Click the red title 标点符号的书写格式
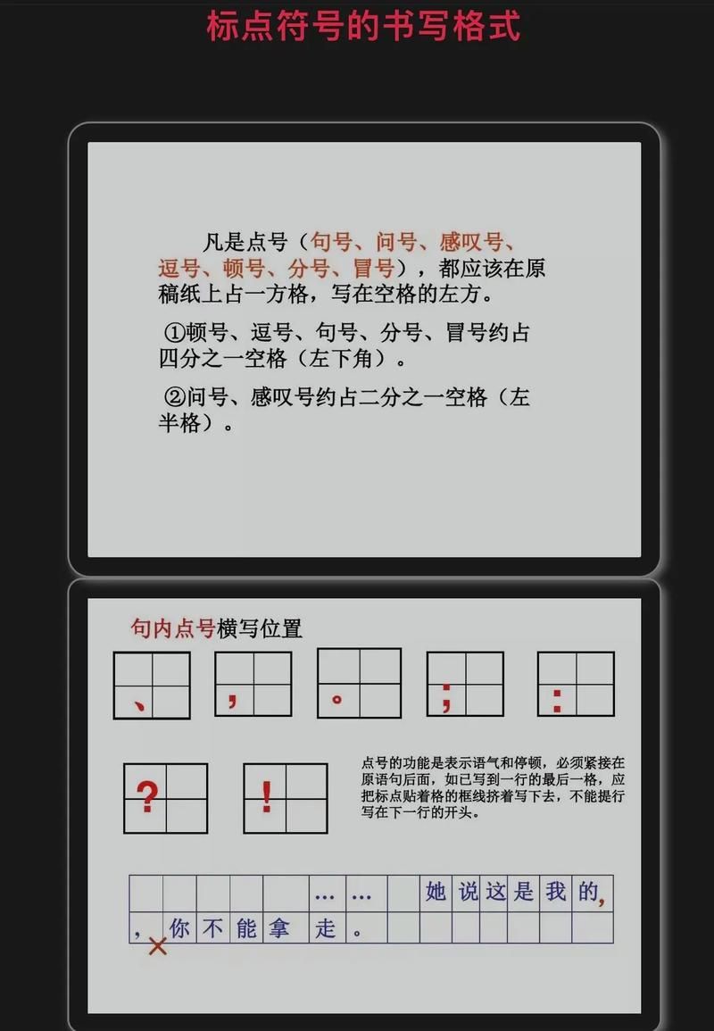pyautogui.click(x=363, y=26)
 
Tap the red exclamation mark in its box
pyautogui.click(x=266, y=796)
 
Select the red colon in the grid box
pyautogui.click(x=557, y=700)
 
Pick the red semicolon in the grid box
pyautogui.click(x=445, y=698)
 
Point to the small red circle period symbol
pyautogui.click(x=336, y=699)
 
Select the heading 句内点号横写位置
pyautogui.click(x=216, y=628)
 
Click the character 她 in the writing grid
pyautogui.click(x=436, y=892)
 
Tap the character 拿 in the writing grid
pyautogui.click(x=278, y=928)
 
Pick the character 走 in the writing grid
pyautogui.click(x=326, y=928)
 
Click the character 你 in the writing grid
pyautogui.click(x=179, y=928)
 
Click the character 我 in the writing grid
pyautogui.click(x=555, y=892)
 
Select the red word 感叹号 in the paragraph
pyautogui.click(x=470, y=242)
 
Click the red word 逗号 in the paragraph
pyautogui.click(x=178, y=269)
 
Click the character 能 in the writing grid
pyautogui.click(x=246, y=928)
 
